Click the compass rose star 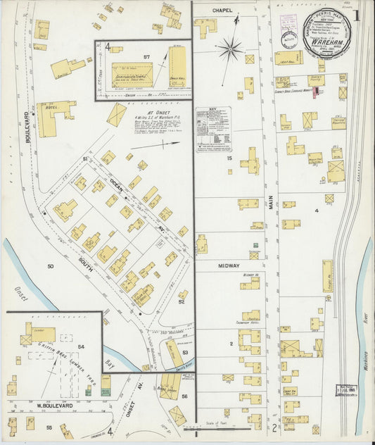229,50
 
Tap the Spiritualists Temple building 132,74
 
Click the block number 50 51,266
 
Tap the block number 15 229,158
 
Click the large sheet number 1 357,14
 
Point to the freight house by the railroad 327,275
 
